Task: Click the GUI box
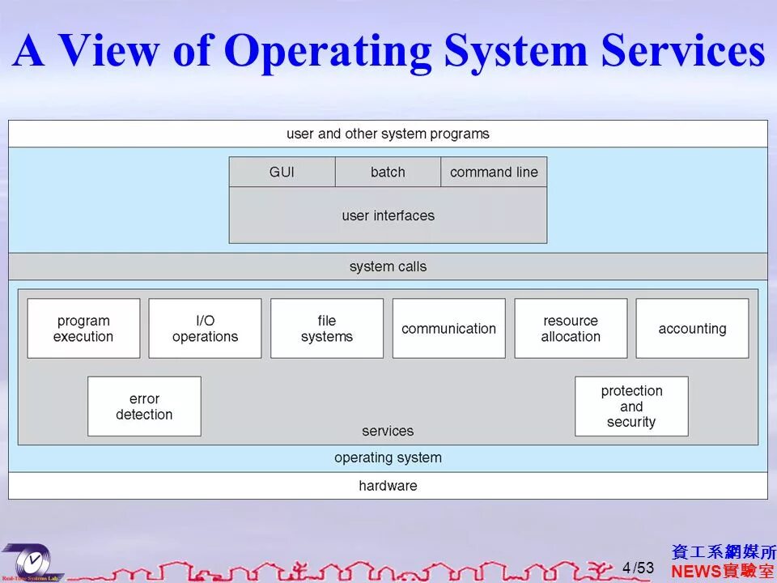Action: pos(282,172)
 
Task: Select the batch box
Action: pos(388,172)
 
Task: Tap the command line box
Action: pos(494,172)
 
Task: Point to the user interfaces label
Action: pos(388,215)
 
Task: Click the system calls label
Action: pos(388,266)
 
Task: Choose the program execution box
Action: pos(83,329)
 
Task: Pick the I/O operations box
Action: pos(205,329)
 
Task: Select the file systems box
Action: pos(327,329)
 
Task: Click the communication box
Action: pos(448,329)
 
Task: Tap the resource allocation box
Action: pos(571,329)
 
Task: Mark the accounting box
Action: pos(692,329)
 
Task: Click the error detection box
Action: pos(144,406)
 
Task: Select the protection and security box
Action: pos(631,406)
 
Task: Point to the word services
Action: pos(388,431)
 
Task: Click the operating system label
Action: pos(388,457)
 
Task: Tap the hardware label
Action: pos(388,486)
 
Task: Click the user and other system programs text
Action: pos(388,134)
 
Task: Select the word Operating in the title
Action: pos(328,50)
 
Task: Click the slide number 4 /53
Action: pos(638,568)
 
